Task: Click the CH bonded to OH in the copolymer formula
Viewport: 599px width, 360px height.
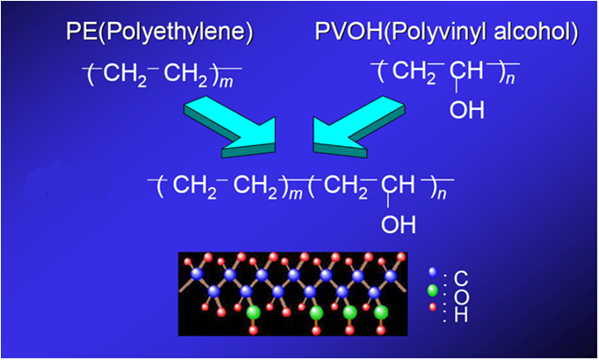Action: click(x=397, y=186)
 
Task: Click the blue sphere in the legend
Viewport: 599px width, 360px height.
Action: click(x=433, y=274)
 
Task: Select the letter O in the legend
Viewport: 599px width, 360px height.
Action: click(x=461, y=297)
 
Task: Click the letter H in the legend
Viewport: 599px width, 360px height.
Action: click(x=461, y=313)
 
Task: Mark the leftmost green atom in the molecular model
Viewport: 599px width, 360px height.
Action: click(x=253, y=312)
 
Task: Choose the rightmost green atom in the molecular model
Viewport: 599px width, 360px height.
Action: click(x=381, y=312)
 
